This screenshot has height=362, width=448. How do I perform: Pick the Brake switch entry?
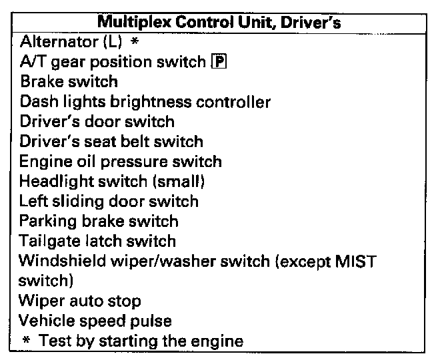pyautogui.click(x=69, y=82)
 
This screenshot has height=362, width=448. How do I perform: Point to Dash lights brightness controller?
pyautogui.click(x=145, y=102)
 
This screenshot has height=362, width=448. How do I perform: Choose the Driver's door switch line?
pyautogui.click(x=97, y=122)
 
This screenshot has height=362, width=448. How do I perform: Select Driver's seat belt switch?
pyautogui.click(x=112, y=142)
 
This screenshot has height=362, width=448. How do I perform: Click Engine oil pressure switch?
pyautogui.click(x=121, y=162)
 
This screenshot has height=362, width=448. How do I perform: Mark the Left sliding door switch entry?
pyautogui.click(x=109, y=201)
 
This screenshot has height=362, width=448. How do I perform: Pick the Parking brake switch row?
pyautogui.click(x=99, y=221)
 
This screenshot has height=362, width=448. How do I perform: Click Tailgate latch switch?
pyautogui.click(x=97, y=241)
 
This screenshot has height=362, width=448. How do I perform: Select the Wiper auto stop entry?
pyautogui.click(x=80, y=301)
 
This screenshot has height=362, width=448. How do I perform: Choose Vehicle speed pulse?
pyautogui.click(x=96, y=321)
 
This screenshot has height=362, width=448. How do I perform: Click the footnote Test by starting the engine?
pyautogui.click(x=141, y=341)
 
